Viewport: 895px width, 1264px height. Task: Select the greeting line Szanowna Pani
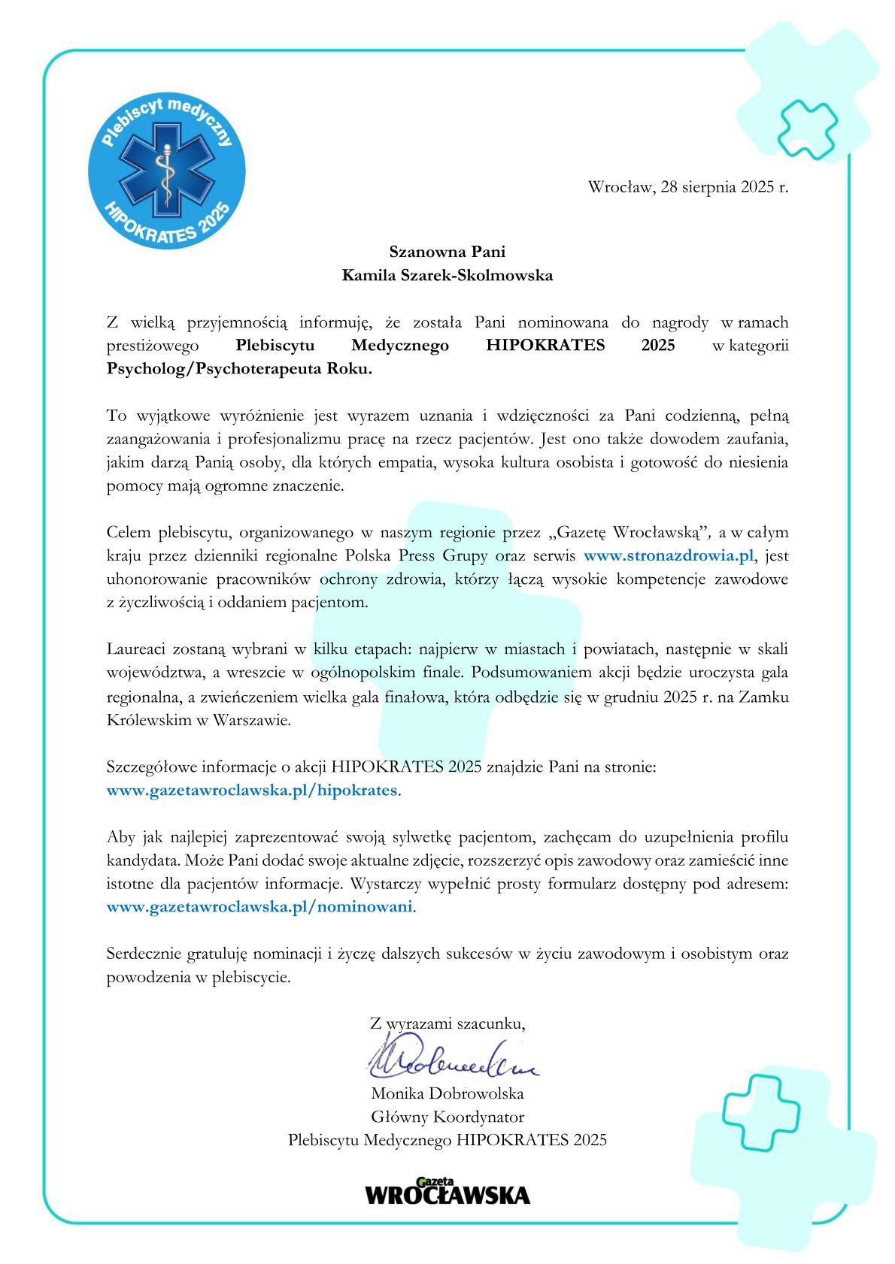tap(447, 251)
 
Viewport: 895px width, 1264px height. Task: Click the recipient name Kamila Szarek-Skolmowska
tap(447, 275)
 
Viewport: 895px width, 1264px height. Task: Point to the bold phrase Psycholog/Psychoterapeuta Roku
tap(239, 369)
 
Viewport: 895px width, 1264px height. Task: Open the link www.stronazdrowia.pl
tap(668, 556)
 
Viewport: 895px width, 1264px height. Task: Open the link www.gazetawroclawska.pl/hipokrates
tap(251, 791)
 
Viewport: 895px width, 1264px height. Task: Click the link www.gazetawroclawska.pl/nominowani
tap(259, 906)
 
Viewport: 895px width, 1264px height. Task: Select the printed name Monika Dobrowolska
tap(447, 1093)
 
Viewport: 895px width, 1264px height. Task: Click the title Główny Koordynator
tap(447, 1117)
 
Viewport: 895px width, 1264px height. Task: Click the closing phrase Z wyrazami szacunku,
tap(447, 1023)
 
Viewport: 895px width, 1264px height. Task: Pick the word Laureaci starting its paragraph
tap(138, 649)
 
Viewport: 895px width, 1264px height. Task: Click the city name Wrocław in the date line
tap(620, 187)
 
